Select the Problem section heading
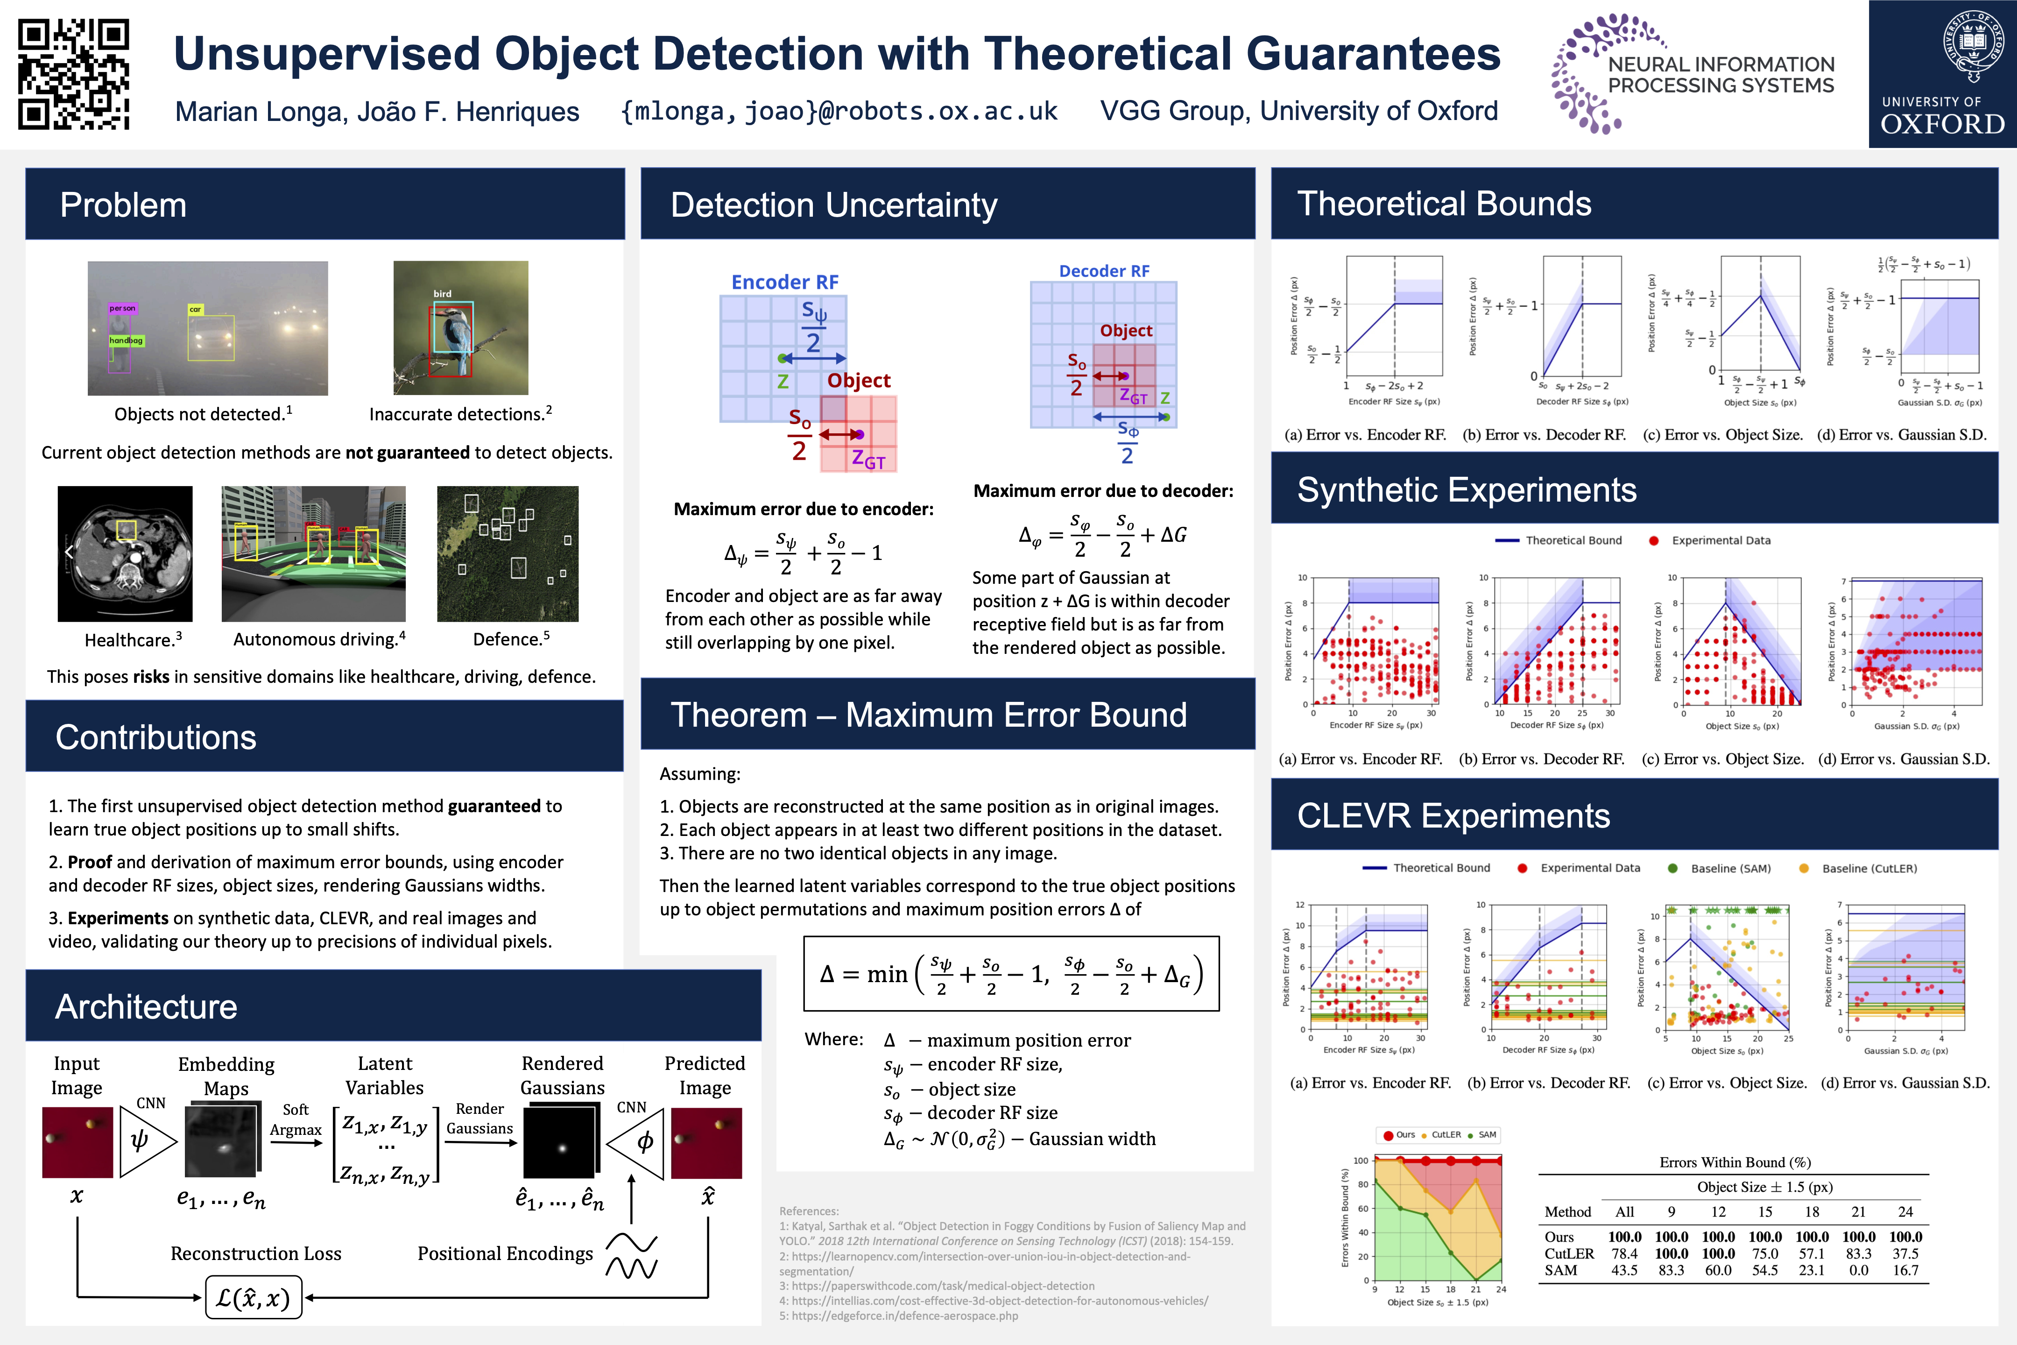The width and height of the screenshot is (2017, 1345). (x=123, y=205)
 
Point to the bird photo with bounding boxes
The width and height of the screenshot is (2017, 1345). (x=460, y=328)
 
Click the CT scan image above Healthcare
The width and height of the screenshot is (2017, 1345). (x=125, y=553)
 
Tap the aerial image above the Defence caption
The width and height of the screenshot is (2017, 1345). (x=508, y=553)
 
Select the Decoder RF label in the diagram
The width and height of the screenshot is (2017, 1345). (x=1104, y=271)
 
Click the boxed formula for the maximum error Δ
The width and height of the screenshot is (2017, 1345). (x=1011, y=974)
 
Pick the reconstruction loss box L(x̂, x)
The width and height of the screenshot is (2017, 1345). (x=253, y=1298)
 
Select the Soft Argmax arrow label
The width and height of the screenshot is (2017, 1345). (x=296, y=1119)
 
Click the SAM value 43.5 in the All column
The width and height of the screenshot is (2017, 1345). (x=1624, y=1270)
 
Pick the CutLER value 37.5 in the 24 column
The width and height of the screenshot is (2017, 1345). (x=1905, y=1253)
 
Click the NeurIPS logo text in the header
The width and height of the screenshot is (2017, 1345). (x=1720, y=75)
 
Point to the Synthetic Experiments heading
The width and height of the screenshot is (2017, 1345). (x=1467, y=490)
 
